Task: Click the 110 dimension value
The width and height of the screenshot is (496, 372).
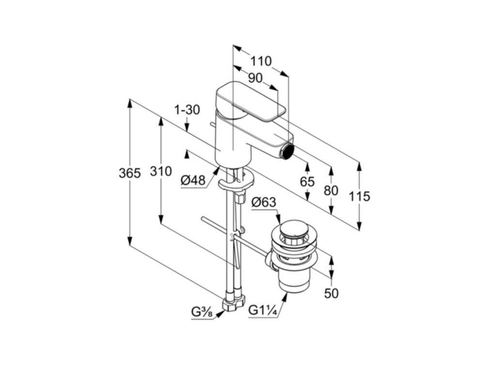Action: [x=261, y=62]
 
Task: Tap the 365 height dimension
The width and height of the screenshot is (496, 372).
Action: [x=129, y=173]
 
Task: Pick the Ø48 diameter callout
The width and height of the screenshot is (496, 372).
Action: [x=193, y=181]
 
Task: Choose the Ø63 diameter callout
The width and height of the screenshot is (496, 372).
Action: [x=263, y=202]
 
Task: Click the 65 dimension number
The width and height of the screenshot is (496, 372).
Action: [x=307, y=182]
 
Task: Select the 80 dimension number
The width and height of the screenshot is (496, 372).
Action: [x=331, y=190]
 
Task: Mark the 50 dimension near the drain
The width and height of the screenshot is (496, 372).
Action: [x=331, y=293]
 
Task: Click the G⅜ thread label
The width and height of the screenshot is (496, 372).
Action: [x=202, y=312]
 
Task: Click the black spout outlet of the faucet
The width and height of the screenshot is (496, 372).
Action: [x=289, y=150]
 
